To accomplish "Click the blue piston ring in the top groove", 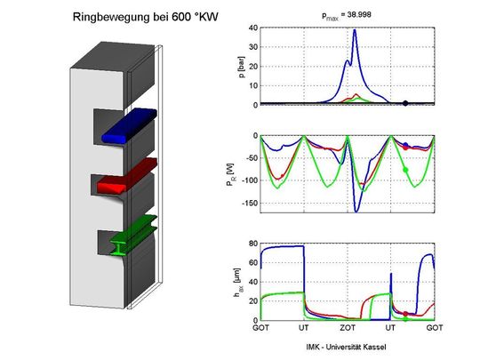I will [129, 126].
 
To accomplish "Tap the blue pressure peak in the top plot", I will [355, 31].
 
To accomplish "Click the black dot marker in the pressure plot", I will [405, 103].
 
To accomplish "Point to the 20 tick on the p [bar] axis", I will [252, 66].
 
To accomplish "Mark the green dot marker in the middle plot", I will [405, 169].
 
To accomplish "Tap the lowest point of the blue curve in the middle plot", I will [357, 212].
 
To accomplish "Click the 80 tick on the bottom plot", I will [252, 244].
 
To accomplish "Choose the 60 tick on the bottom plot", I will [252, 263].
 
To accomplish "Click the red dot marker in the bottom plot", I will [405, 314].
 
